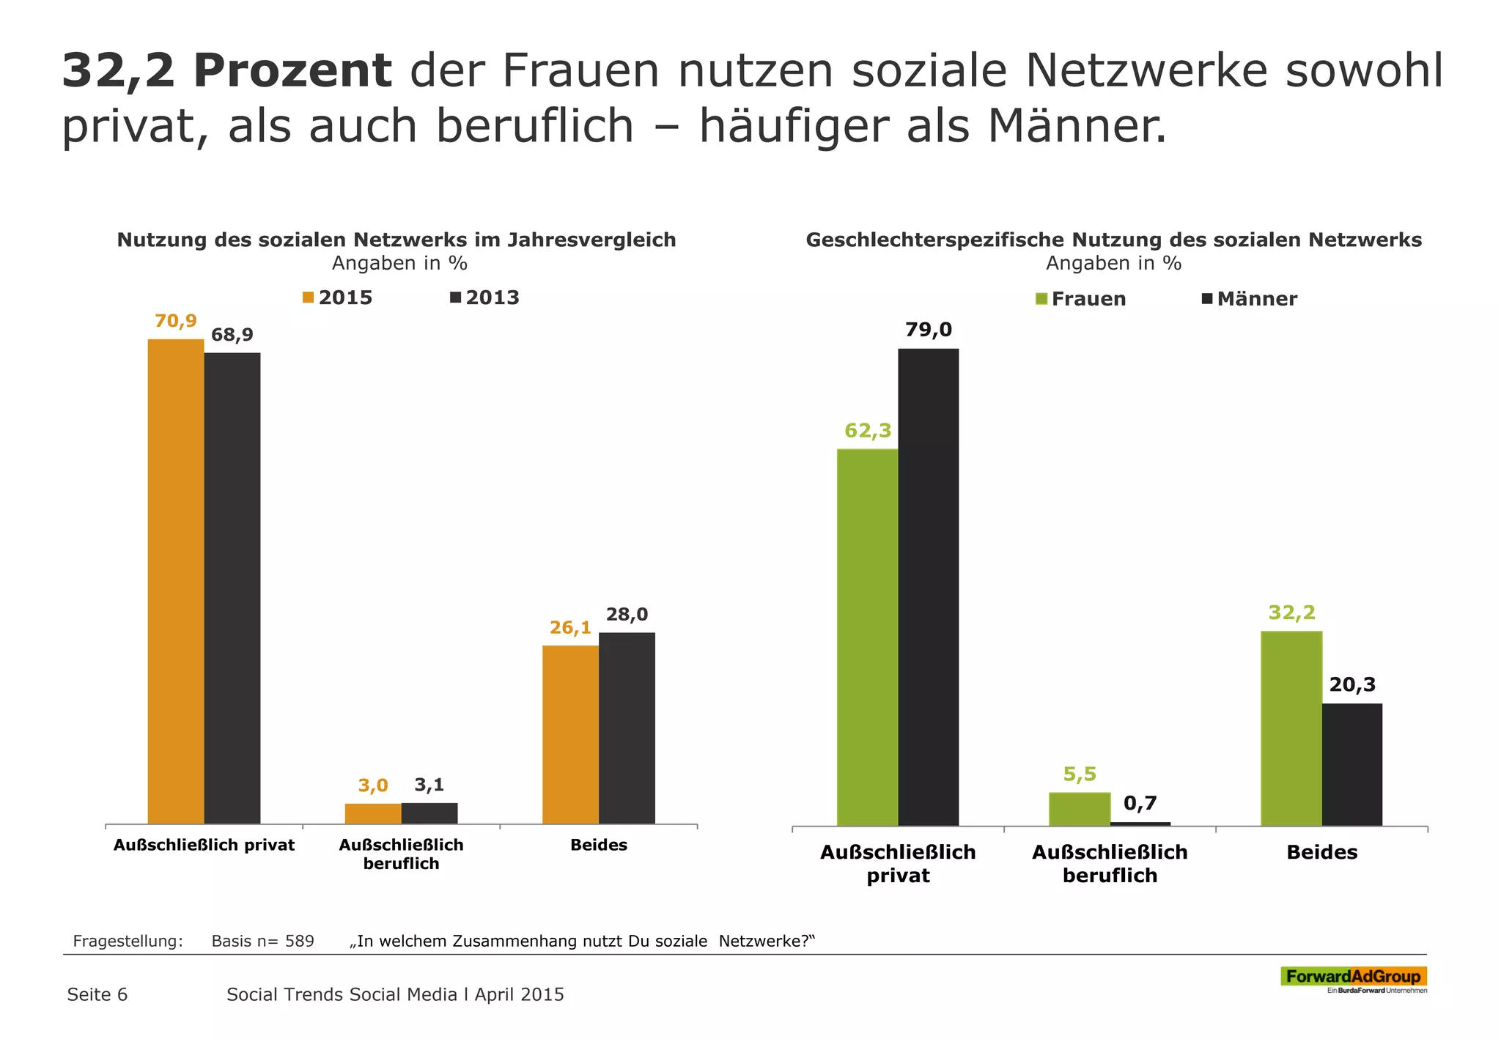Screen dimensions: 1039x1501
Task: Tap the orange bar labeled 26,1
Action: [570, 734]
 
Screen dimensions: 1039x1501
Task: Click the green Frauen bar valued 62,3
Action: [867, 637]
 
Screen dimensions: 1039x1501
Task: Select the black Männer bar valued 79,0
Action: [928, 587]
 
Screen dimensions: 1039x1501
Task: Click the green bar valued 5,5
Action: [1080, 808]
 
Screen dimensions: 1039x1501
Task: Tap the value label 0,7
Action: [1140, 804]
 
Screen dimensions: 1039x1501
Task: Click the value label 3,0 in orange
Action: [373, 786]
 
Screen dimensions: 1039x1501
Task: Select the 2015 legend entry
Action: [338, 297]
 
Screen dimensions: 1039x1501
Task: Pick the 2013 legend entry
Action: [485, 297]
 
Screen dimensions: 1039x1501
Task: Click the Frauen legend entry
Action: [1081, 299]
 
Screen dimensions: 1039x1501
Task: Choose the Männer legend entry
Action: [1250, 299]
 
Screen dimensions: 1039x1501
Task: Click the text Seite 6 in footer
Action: [97, 994]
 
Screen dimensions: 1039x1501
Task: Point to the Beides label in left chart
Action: [599, 845]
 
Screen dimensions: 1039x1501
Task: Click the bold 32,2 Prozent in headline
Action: [226, 71]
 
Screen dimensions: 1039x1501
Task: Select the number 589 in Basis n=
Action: [300, 941]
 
